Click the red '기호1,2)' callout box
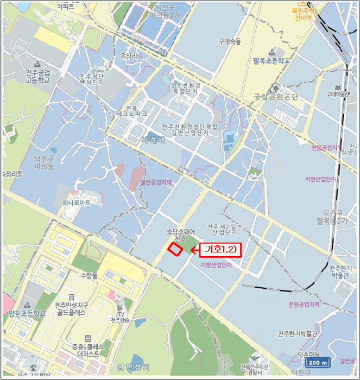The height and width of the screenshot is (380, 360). coord(220,249)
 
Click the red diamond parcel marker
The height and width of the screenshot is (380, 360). coord(175,249)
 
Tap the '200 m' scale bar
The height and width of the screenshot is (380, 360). coord(318,363)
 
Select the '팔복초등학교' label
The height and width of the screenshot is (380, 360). coord(271,61)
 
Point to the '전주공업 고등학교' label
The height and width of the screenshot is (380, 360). coord(36,76)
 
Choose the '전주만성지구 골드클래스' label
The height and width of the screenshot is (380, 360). coord(71,309)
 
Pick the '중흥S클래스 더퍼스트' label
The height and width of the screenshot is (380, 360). coord(85,350)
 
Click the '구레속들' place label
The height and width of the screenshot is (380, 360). coord(229,41)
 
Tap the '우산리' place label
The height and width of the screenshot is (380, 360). coord(129,56)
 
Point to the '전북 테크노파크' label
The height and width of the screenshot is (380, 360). coord(136,111)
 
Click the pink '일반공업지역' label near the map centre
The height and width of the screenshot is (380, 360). coord(156,183)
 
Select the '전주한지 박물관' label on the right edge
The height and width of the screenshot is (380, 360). coord(340,272)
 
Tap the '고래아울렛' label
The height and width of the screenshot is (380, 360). coord(338,93)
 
